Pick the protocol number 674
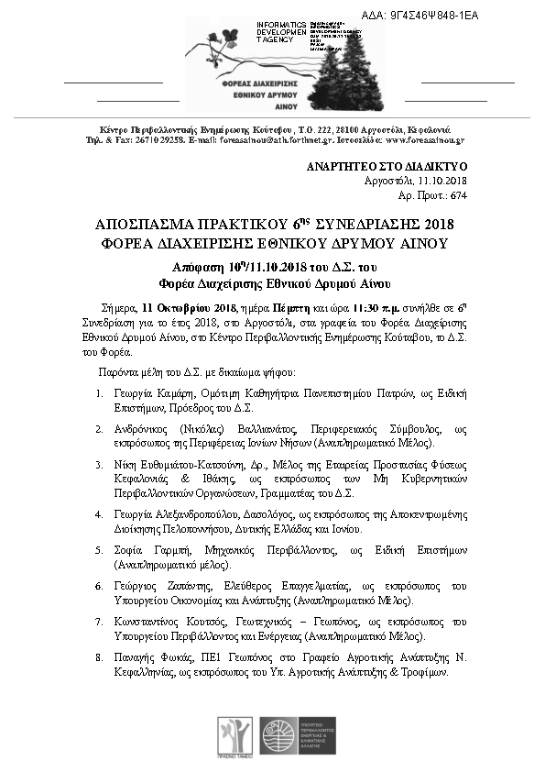pyautogui.click(x=459, y=195)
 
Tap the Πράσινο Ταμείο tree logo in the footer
pyautogui.click(x=230, y=733)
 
